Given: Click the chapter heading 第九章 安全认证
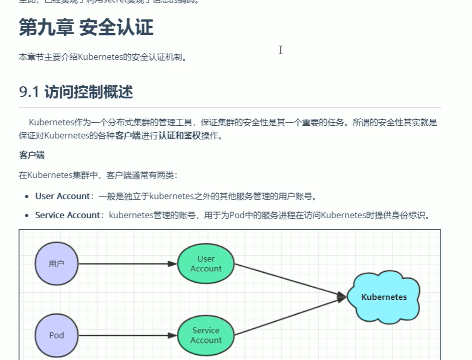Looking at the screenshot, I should coord(86,28).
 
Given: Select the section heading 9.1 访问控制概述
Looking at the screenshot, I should coord(76,92).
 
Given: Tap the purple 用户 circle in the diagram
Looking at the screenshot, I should coord(57,263).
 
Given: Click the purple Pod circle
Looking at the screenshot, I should coord(57,335).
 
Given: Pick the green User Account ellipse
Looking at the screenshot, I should coord(206,263).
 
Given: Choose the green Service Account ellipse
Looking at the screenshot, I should coord(206,335).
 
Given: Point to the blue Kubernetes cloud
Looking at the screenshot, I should coord(384,297).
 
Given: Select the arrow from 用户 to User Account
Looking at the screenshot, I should coord(128,264).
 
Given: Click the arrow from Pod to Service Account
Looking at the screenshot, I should coord(128,335).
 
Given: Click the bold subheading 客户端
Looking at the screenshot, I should coord(32,155).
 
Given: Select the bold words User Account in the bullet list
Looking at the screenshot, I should coord(62,196).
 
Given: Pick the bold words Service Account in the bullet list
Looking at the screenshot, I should coord(67,215).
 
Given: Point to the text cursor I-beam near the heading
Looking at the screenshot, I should coord(280,50).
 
